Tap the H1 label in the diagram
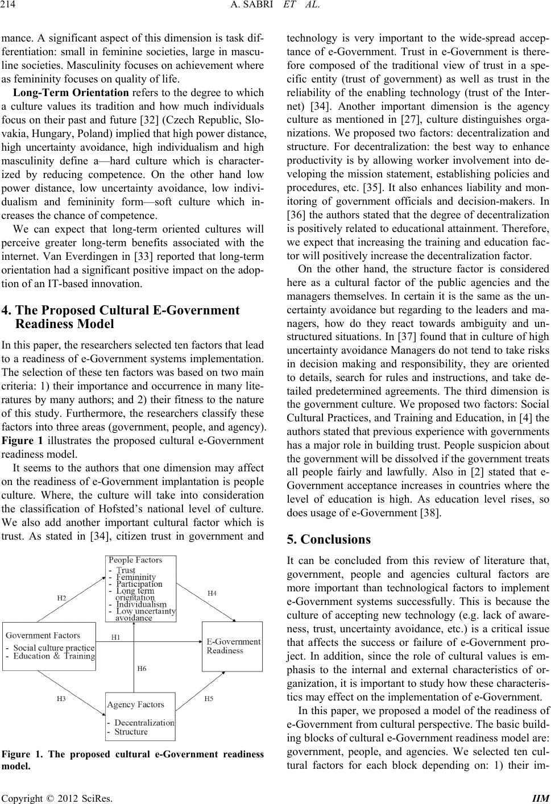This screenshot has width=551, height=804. [x=115, y=637]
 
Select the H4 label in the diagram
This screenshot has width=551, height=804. [x=211, y=593]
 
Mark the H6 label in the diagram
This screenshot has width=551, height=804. [x=142, y=669]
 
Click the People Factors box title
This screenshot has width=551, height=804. [x=135, y=560]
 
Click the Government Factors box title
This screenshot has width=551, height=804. [x=43, y=635]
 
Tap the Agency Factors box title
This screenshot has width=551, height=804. [x=136, y=704]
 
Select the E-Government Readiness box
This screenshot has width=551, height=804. [x=232, y=646]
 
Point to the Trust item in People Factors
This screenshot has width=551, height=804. [x=126, y=570]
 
